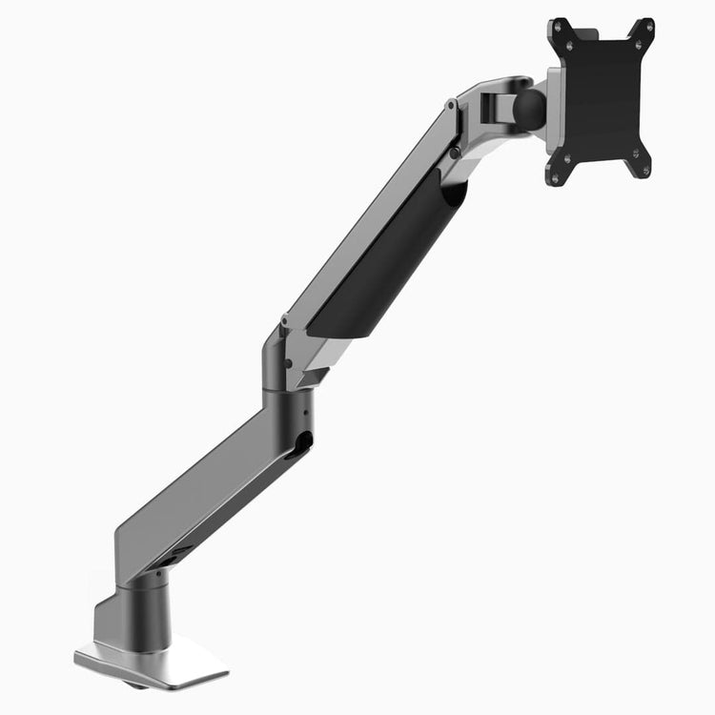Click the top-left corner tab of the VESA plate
pos(560,29)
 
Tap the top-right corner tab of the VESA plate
pos(644,29)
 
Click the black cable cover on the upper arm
pos(391,257)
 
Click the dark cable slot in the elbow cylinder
pos(303,442)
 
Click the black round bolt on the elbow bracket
pos(289,362)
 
